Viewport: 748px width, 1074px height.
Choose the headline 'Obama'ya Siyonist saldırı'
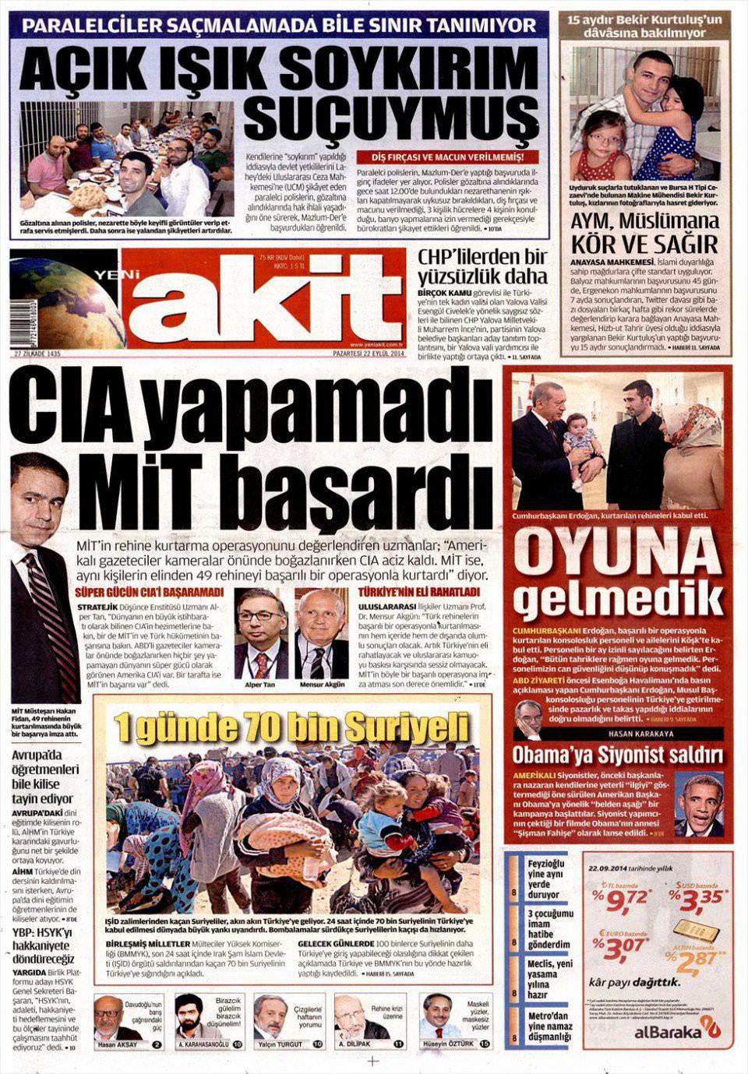617,755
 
